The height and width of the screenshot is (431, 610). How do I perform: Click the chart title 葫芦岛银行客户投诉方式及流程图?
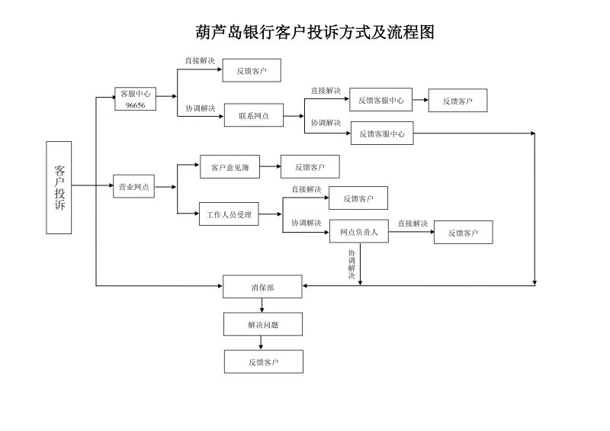click(x=315, y=32)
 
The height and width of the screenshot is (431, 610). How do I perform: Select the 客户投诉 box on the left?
click(x=59, y=187)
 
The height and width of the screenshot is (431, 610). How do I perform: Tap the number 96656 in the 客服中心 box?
click(x=135, y=105)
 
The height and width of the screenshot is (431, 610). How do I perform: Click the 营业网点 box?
click(x=133, y=186)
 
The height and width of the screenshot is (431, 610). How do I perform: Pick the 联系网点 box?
click(x=253, y=116)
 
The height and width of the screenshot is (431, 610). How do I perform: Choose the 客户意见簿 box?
click(x=230, y=166)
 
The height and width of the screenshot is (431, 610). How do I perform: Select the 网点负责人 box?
click(x=358, y=233)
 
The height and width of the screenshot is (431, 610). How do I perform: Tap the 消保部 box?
click(x=262, y=287)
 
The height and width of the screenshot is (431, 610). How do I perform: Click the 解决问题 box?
click(x=262, y=324)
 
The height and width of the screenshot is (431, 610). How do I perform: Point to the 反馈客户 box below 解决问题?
click(x=262, y=362)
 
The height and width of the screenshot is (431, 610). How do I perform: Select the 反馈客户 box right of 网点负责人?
click(x=463, y=233)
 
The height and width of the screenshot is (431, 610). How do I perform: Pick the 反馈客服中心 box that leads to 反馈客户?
click(x=381, y=100)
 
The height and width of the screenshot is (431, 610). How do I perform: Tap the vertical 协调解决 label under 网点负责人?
click(x=352, y=264)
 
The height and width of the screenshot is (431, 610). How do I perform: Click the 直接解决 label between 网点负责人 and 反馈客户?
click(x=413, y=224)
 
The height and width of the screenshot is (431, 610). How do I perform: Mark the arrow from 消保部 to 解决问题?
click(x=262, y=305)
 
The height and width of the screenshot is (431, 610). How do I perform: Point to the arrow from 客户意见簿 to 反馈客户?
click(x=270, y=166)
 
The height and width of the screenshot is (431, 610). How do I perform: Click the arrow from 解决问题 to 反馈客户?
click(x=262, y=343)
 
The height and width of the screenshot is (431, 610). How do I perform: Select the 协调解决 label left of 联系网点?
click(x=200, y=108)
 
